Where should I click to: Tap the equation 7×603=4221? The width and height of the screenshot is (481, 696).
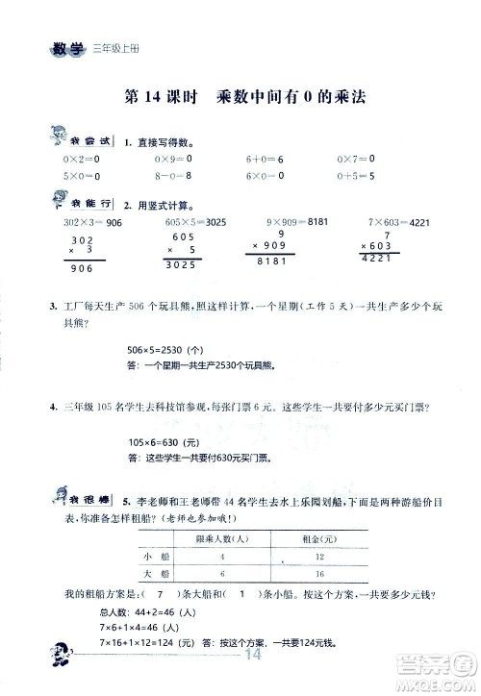pos(397,223)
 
